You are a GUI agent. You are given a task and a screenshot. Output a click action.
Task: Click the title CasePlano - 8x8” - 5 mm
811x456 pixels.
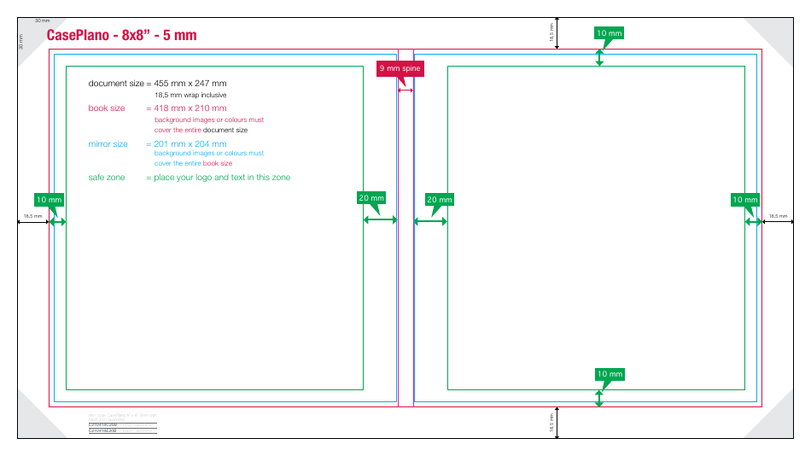pos(121,35)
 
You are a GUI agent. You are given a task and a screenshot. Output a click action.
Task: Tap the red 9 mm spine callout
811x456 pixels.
pos(400,68)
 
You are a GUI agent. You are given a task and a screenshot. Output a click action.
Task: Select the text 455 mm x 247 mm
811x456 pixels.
pos(190,84)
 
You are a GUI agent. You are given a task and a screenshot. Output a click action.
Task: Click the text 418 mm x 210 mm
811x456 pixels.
pos(190,108)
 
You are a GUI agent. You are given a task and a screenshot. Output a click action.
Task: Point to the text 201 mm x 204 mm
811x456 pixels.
pos(190,144)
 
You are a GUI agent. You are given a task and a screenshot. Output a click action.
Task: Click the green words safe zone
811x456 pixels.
pos(107,178)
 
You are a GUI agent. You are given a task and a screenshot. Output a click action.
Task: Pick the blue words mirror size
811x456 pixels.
pos(108,144)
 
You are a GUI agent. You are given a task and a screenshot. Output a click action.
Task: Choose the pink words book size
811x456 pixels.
pos(107,108)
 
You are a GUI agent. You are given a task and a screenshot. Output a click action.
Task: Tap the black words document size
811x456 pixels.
pos(117,84)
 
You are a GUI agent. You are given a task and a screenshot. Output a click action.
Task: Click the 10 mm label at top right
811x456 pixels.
pos(609,33)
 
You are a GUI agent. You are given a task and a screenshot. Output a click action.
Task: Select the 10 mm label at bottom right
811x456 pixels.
pos(610,374)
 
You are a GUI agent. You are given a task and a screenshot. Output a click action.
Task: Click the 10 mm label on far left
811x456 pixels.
pos(50,199)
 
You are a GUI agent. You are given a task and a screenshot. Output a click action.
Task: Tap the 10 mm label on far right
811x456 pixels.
pos(744,200)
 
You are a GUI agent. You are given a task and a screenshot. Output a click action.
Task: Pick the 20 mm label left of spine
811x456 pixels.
pos(371,198)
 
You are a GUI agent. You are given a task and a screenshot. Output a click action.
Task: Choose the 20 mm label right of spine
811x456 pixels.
pos(439,199)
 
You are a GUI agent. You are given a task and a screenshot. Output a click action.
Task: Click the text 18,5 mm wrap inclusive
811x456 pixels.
pos(190,95)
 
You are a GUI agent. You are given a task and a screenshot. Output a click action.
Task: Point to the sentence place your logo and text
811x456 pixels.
pos(222,178)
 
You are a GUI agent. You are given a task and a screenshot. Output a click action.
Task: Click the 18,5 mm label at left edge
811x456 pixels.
pos(32,216)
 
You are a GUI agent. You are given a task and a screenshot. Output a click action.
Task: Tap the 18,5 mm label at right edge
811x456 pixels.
pos(778,216)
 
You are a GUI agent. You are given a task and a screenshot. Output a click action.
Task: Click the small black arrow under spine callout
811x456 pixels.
pos(405,90)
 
